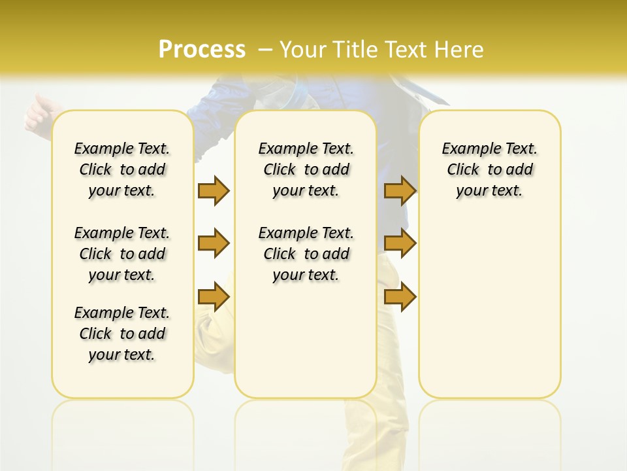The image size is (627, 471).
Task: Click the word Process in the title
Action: (x=202, y=50)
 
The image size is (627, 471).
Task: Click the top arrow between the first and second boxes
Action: (x=214, y=190)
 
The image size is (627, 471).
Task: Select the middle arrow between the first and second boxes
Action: (x=214, y=243)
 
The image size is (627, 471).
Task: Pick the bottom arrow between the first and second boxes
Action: (x=214, y=296)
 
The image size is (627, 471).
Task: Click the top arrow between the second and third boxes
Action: (x=400, y=190)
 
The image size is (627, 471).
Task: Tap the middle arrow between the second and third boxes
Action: (x=400, y=243)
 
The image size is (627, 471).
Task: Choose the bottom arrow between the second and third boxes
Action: (x=400, y=296)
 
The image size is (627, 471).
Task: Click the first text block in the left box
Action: (x=122, y=169)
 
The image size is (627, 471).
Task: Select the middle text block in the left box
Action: (x=122, y=254)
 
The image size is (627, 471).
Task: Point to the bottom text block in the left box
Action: (x=122, y=334)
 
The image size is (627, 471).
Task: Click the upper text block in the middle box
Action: (x=306, y=169)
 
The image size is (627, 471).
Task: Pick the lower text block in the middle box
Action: (x=306, y=254)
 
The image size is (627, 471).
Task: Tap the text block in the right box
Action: (x=490, y=169)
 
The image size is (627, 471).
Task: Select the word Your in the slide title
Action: (x=302, y=50)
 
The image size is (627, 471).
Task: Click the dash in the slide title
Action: (x=265, y=50)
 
